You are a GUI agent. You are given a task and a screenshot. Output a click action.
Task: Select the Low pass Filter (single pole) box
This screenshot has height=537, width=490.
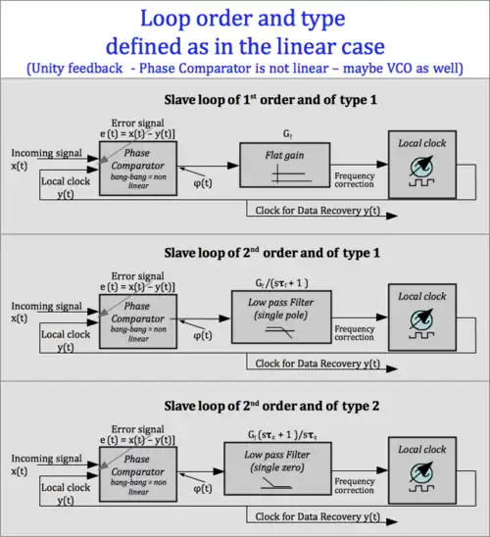coord(279,319)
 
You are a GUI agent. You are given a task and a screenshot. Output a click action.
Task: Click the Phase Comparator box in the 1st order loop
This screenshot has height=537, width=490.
coord(137,168)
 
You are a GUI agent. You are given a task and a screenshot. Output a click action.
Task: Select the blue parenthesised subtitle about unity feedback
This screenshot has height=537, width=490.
coord(245,67)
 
